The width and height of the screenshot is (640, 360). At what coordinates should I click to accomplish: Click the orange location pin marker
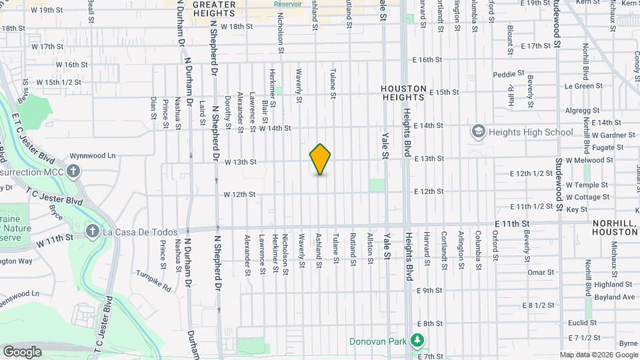pos(320,159)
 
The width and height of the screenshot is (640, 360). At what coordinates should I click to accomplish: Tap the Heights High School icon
pos(477,132)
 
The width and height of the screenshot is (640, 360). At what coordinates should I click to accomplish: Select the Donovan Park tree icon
pos(417,341)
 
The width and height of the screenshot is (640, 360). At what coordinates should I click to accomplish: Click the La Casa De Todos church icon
pos(92,233)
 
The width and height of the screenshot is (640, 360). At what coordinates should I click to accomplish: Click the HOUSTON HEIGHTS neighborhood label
pos(403,93)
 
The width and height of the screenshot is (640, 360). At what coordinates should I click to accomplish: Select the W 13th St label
pos(240,161)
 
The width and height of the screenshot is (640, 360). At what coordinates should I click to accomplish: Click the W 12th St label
pos(240,195)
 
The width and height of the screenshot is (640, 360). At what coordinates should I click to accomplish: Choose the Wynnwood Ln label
pos(93,155)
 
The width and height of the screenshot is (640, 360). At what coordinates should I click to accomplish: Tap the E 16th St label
pos(427,59)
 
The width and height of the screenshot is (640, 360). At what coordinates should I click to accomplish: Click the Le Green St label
pos(579,86)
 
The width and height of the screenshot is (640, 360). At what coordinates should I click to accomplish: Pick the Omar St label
pos(541,272)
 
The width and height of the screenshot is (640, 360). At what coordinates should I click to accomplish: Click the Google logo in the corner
pos(22,351)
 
